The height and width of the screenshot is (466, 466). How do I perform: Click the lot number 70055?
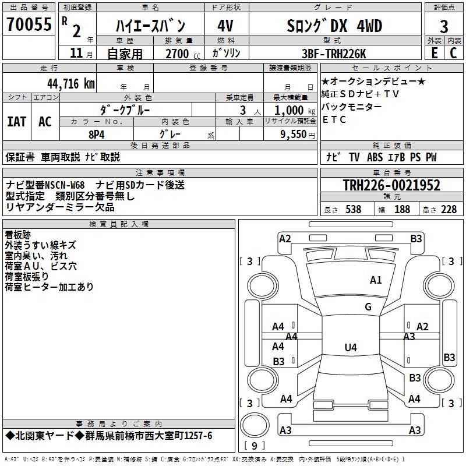pyautogui.click(x=29, y=24)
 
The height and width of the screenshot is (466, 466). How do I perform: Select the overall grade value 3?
pyautogui.click(x=444, y=27)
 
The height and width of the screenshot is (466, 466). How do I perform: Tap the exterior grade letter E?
pyautogui.click(x=434, y=53)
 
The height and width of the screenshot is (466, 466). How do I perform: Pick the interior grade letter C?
pyautogui.click(x=453, y=53)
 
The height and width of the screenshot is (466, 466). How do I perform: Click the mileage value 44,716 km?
pyautogui.click(x=71, y=84)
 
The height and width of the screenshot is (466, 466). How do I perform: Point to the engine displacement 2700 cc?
pyautogui.click(x=183, y=54)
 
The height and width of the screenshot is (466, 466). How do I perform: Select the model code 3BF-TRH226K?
pyautogui.click(x=334, y=54)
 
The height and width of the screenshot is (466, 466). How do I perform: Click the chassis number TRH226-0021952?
pyautogui.click(x=391, y=185)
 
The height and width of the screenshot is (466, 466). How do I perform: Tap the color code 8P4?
pyautogui.click(x=97, y=135)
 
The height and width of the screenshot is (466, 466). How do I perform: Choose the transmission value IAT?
pyautogui.click(x=16, y=122)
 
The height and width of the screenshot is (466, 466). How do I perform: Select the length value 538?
pyautogui.click(x=354, y=209)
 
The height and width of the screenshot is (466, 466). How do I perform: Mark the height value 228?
pyautogui.click(x=449, y=209)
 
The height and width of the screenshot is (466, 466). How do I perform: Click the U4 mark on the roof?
pyautogui.click(x=351, y=347)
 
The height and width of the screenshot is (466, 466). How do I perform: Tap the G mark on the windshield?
pyautogui.click(x=368, y=306)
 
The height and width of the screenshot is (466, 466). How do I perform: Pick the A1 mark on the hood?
pyautogui.click(x=376, y=280)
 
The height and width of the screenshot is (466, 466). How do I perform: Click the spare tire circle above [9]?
pyautogui.click(x=255, y=425)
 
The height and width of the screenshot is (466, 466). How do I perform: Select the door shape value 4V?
pyautogui.click(x=225, y=26)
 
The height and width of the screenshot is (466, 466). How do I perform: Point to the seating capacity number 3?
pyautogui.click(x=243, y=111)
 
